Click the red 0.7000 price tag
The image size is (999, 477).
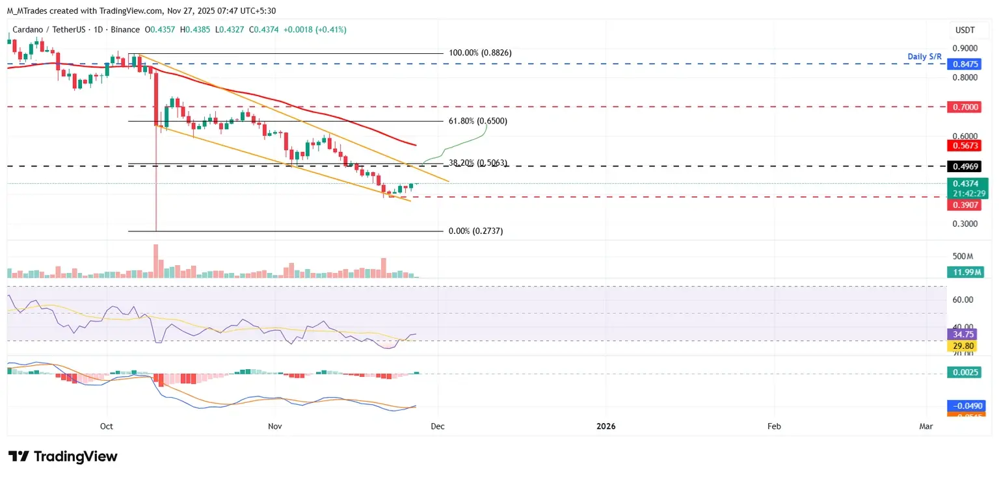point(963,107)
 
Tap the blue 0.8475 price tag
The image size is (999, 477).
point(963,64)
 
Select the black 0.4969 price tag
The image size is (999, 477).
point(963,166)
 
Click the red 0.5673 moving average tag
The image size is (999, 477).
point(963,146)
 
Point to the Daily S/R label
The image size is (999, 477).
point(924,57)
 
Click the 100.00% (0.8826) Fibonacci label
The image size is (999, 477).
point(480,53)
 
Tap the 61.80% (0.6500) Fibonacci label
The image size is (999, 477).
point(478,121)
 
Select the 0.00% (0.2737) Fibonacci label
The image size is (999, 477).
point(475,231)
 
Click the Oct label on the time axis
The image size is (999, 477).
point(107,426)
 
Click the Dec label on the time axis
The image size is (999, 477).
point(438,426)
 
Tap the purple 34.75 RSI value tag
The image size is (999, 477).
point(963,334)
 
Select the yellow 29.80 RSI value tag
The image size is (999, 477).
point(963,346)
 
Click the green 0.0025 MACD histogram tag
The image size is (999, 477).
point(963,373)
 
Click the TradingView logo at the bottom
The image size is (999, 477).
point(63,456)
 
